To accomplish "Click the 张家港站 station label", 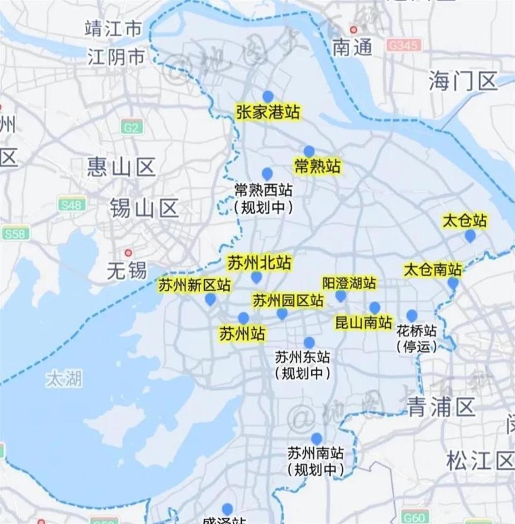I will coord(268,113).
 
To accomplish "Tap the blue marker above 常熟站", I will coord(309,152).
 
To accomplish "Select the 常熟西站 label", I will coord(263,190).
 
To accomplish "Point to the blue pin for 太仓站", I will coord(470,235).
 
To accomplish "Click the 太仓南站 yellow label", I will coord(432,269).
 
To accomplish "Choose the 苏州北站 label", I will coord(259,263).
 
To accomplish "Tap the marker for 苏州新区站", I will coord(210,299).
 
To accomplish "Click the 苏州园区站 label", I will coord(288,300).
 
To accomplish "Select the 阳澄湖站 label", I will coord(349,283).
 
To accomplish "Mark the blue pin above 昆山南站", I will coord(374,308).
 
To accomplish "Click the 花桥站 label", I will coord(416,329).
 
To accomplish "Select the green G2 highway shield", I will coord(132,128).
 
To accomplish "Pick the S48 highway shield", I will coord(72,205).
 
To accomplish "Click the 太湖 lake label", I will coord(64,379).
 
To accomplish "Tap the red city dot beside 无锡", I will coord(128,253).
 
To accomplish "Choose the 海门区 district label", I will coord(463,82).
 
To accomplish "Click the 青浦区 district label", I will coord(441,408).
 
